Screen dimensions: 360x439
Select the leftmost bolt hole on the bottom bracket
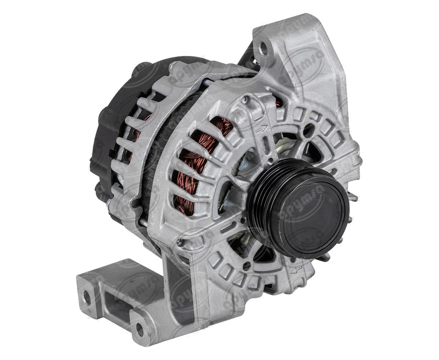pyautogui.click(x=87, y=297)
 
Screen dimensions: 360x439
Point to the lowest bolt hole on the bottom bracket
pyautogui.click(x=139, y=329)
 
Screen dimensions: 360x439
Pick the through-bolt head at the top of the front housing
pyautogui.click(x=244, y=99)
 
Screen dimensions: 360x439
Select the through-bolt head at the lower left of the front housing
pyautogui.click(x=179, y=243)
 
